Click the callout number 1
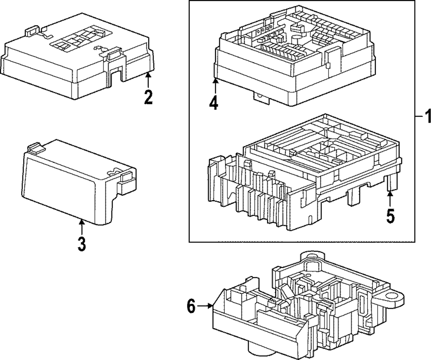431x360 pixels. click(426, 116)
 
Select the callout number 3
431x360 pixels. click(81, 243)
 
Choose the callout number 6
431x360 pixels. click(192, 306)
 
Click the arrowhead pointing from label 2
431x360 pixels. click(148, 75)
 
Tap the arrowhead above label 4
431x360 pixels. click(214, 80)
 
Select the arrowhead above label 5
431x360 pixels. click(390, 193)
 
